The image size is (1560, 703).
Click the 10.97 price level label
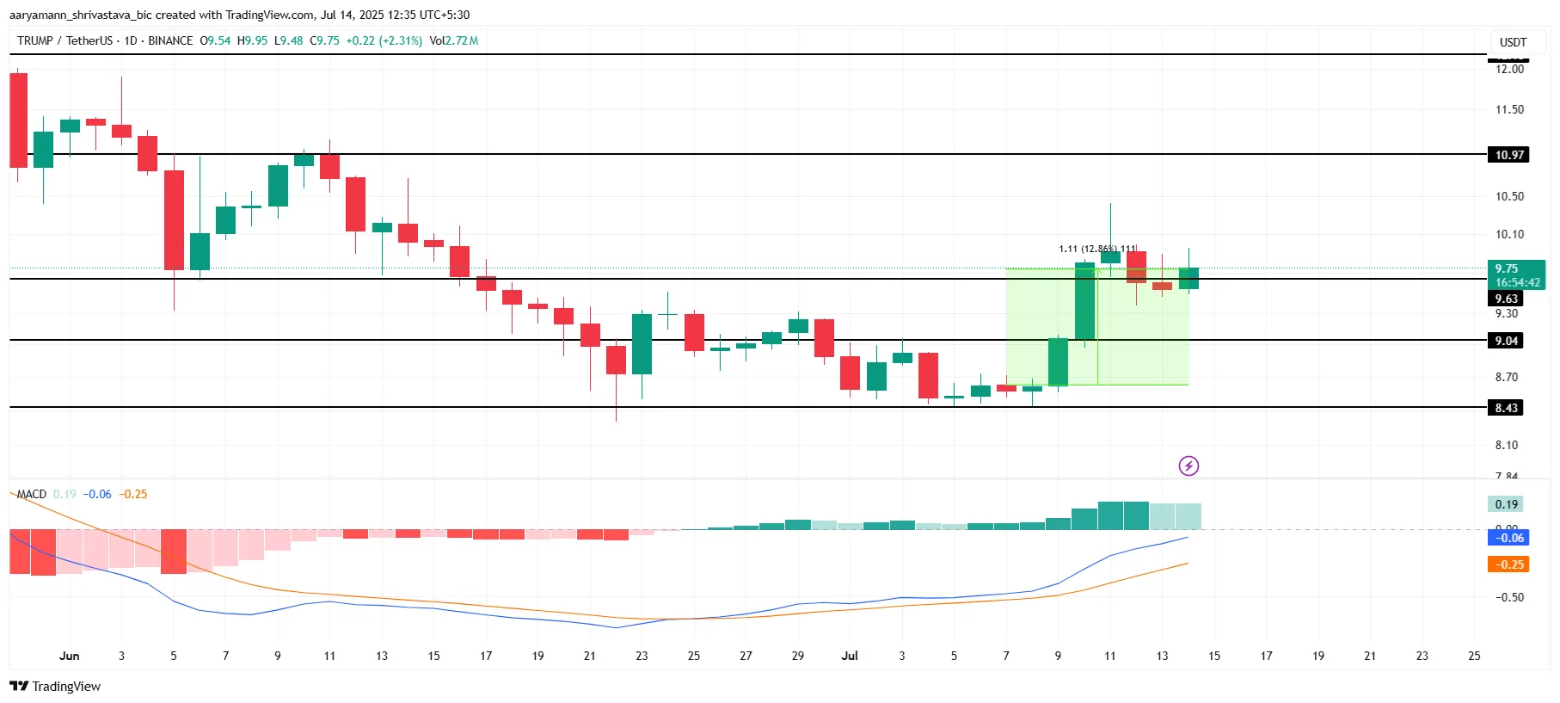[1508, 155]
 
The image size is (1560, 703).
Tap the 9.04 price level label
[1506, 341]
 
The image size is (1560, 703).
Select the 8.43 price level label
[1506, 408]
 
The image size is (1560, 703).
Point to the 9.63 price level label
[1506, 299]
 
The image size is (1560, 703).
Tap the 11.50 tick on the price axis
[1509, 109]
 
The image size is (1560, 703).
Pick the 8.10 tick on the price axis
[1506, 445]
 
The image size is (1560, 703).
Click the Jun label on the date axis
[69, 656]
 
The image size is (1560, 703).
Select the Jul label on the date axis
[850, 656]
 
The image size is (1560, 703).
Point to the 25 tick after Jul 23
[1474, 656]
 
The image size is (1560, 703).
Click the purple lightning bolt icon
[1188, 466]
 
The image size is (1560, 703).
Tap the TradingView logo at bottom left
[55, 686]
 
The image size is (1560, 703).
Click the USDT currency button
[1513, 42]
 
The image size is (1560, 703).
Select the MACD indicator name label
[32, 494]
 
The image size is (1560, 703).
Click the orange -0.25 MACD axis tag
[1508, 564]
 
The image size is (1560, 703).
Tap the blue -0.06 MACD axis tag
[1508, 538]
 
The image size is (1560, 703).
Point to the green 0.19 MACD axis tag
[1507, 504]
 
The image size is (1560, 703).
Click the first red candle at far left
[18, 120]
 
